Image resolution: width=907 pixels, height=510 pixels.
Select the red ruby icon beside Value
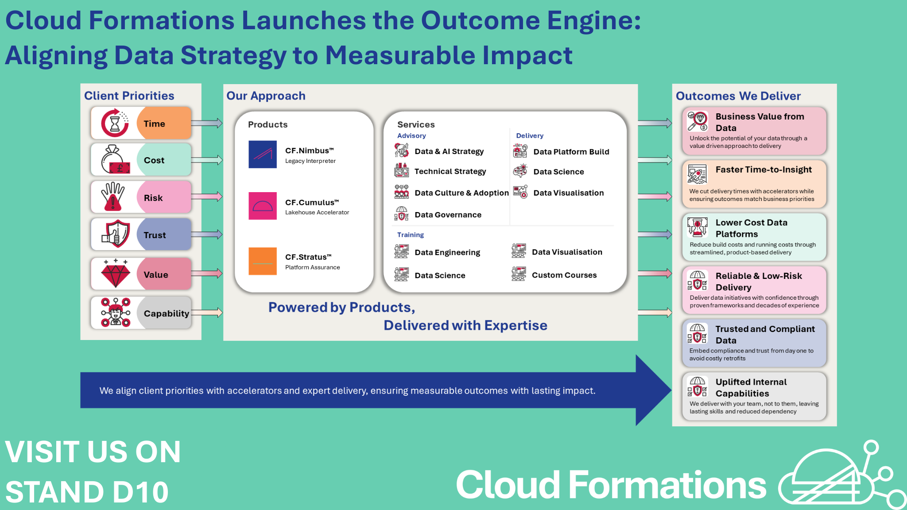116,274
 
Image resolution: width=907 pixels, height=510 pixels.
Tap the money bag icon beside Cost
114,160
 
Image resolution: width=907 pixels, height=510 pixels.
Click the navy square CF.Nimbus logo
263,155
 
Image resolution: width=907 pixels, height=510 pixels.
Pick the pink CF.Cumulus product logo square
263,206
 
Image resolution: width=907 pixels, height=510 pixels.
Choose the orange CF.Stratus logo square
263,261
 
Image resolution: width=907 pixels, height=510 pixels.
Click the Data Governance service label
448,215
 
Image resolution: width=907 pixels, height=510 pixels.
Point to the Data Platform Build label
571,152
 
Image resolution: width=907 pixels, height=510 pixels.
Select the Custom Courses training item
564,275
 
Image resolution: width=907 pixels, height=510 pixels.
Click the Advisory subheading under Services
411,136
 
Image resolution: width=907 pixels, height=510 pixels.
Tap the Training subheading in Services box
410,235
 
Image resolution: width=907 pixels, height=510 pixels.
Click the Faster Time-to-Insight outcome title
764,170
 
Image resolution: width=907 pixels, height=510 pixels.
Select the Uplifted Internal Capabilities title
751,387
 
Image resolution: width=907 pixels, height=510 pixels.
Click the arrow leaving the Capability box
207,313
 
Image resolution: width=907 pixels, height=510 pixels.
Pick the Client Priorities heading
129,96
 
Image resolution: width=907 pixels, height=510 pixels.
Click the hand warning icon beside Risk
113,196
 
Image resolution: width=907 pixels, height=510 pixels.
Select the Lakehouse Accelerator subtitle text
317,212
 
